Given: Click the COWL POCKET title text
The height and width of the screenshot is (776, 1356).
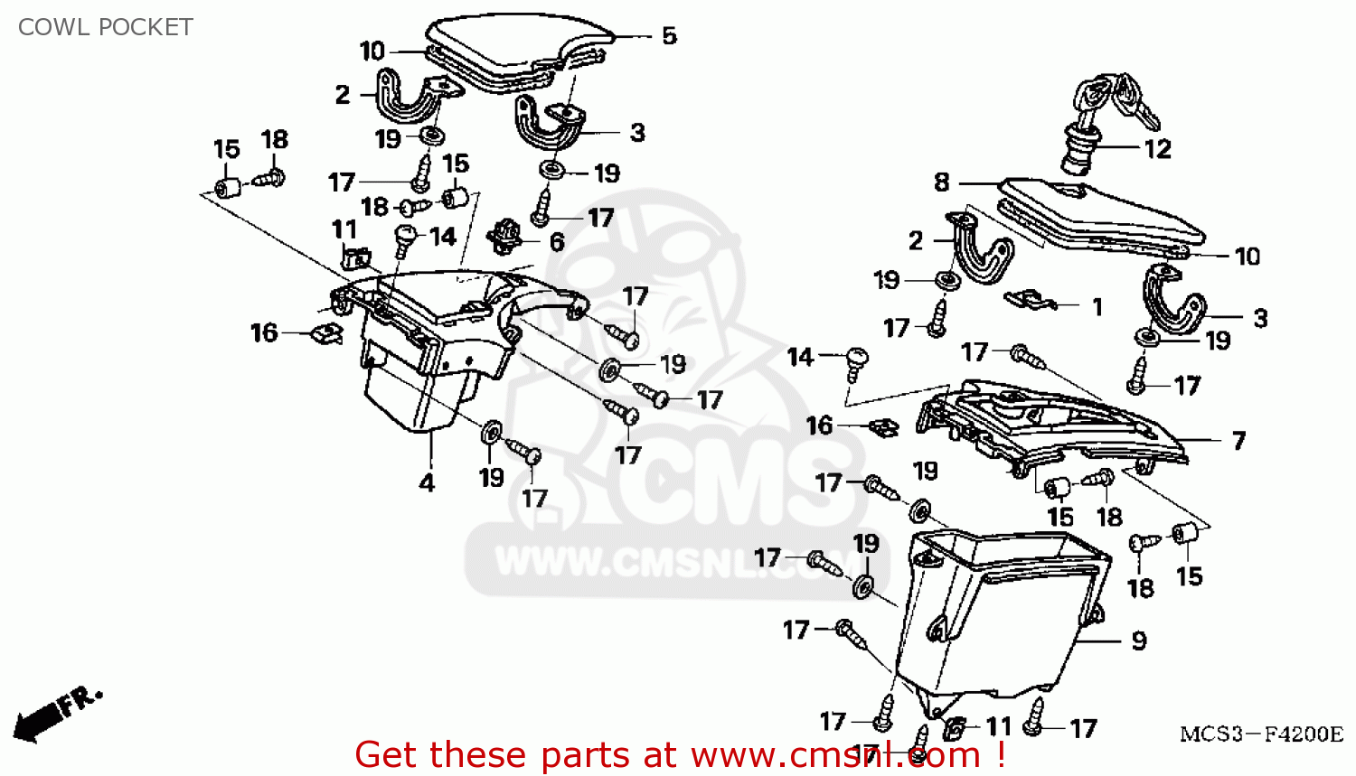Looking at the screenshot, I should coord(105,27).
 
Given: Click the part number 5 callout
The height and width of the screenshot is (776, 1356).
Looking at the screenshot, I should coord(669,36).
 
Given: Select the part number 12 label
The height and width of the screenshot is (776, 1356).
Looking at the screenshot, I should coord(1158,149).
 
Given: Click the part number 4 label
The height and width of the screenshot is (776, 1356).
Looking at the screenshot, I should coord(427,483).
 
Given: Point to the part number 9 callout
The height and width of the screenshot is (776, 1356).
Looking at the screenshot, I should coord(1139,641).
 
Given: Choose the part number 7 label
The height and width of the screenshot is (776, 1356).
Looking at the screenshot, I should coord(1239,441).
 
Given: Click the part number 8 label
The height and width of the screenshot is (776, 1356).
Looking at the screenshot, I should coord(942,182).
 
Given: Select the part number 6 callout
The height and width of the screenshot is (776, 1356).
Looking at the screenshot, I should coord(557,242).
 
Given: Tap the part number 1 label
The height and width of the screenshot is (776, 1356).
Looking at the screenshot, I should coord(1097,307).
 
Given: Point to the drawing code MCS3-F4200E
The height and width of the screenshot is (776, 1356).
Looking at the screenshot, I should coord(1261,734).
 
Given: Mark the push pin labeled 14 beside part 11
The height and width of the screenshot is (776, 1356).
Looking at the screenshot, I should coord(404,239).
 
